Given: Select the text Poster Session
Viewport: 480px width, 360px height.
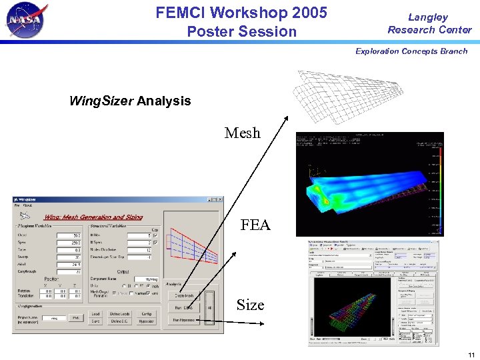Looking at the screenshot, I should coord(241,31).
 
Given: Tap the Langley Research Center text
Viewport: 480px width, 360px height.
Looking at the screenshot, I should coord(429,23).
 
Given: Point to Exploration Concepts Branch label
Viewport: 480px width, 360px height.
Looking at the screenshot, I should coord(411,51).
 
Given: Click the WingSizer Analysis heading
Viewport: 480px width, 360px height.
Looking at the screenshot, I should coord(130,101).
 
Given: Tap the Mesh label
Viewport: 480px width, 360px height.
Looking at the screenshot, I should coord(243,133).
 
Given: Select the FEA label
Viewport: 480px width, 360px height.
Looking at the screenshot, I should coord(255,225).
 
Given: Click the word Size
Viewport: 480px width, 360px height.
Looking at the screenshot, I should coord(250,305).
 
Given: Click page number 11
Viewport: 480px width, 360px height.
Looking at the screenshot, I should coord(471,354).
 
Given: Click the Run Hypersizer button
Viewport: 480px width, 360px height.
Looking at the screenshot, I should coord(183,321).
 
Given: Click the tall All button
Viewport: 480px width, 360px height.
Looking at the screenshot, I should coord(210,307).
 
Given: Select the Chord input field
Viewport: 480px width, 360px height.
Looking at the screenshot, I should coord(69,235).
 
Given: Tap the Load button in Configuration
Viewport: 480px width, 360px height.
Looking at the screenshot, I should coord(95,313).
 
